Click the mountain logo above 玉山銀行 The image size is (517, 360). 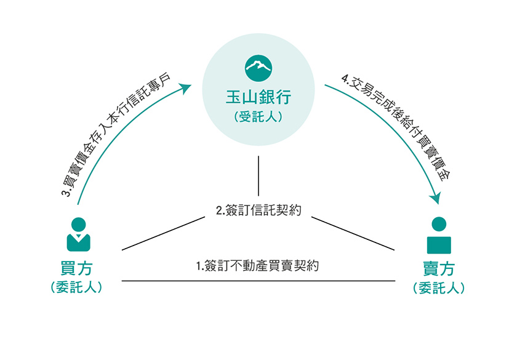pos(258,68)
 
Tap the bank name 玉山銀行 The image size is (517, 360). pos(258,97)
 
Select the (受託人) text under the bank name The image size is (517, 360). pos(258,117)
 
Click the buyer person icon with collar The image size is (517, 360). pos(79,234)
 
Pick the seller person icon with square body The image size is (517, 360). pos(439,235)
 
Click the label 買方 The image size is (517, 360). pos(76,268)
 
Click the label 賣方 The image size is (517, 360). pos(439,269)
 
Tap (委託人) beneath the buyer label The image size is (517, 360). pos(76,287)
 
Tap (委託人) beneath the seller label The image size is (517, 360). pos(439,288)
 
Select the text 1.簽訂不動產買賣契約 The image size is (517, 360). pos(257,266)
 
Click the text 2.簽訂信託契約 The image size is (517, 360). pos(258,210)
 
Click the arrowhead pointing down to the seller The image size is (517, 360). pos(436,199)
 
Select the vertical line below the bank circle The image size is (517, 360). pos(258,176)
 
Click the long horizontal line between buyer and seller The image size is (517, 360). pos(258,281)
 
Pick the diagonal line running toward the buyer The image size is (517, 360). pos(163,233)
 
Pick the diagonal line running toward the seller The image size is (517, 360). pos(353,233)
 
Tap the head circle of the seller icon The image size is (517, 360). pos(439,224)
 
